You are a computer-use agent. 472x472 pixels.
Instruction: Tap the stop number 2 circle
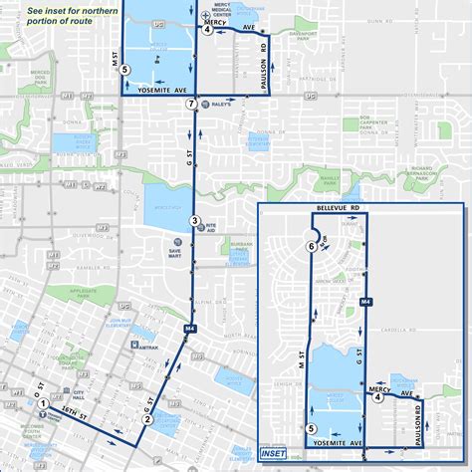point(146,419)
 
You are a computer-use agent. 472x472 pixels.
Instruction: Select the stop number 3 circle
point(196,221)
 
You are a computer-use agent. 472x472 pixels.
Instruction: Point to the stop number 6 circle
point(312,246)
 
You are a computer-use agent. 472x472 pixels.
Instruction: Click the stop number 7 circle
point(190,104)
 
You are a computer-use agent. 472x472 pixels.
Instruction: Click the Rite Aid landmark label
point(210,228)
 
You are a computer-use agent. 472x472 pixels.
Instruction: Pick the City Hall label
point(72,393)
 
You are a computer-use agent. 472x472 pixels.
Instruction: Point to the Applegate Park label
point(88,296)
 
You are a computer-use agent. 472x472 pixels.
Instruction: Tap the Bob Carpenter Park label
point(372,124)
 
